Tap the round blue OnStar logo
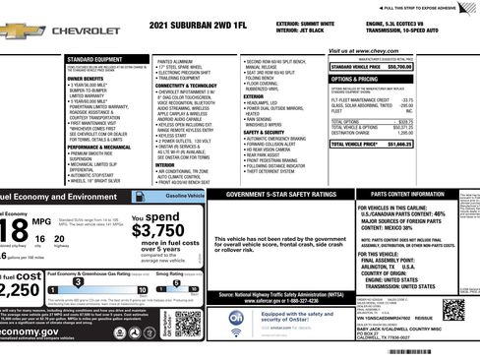click(237, 319)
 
